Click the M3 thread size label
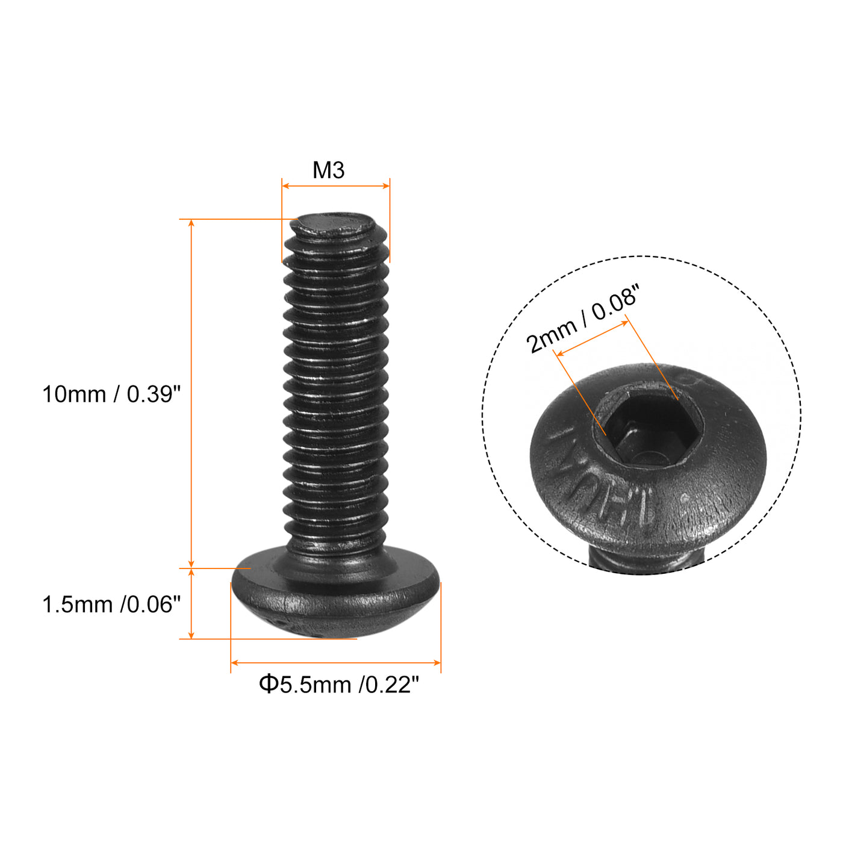click(328, 170)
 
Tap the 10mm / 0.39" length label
click(111, 394)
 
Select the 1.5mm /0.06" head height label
click(111, 605)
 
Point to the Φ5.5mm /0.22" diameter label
click(338, 685)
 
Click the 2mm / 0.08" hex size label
click(582, 319)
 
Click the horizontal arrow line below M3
click(336, 186)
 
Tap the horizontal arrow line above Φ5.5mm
click(336, 662)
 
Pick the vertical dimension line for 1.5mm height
click(191, 603)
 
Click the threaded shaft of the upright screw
click(336, 391)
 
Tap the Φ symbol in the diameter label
click(269, 685)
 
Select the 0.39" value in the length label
click(154, 394)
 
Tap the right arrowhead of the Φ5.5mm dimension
click(437, 662)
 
